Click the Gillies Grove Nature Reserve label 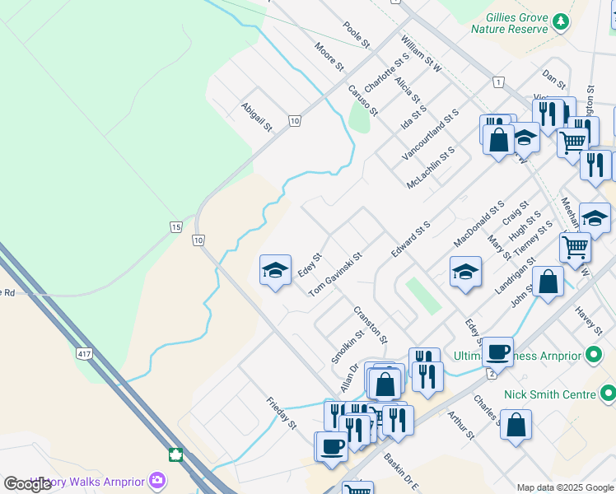509,22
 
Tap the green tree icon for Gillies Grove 561,21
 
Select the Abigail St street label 256,117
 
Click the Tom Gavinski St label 335,275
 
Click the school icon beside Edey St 275,270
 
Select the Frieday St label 281,412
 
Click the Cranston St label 370,324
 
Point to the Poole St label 357,35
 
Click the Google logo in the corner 28,484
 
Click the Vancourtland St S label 429,133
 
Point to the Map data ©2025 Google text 565,487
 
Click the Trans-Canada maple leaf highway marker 175,454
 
